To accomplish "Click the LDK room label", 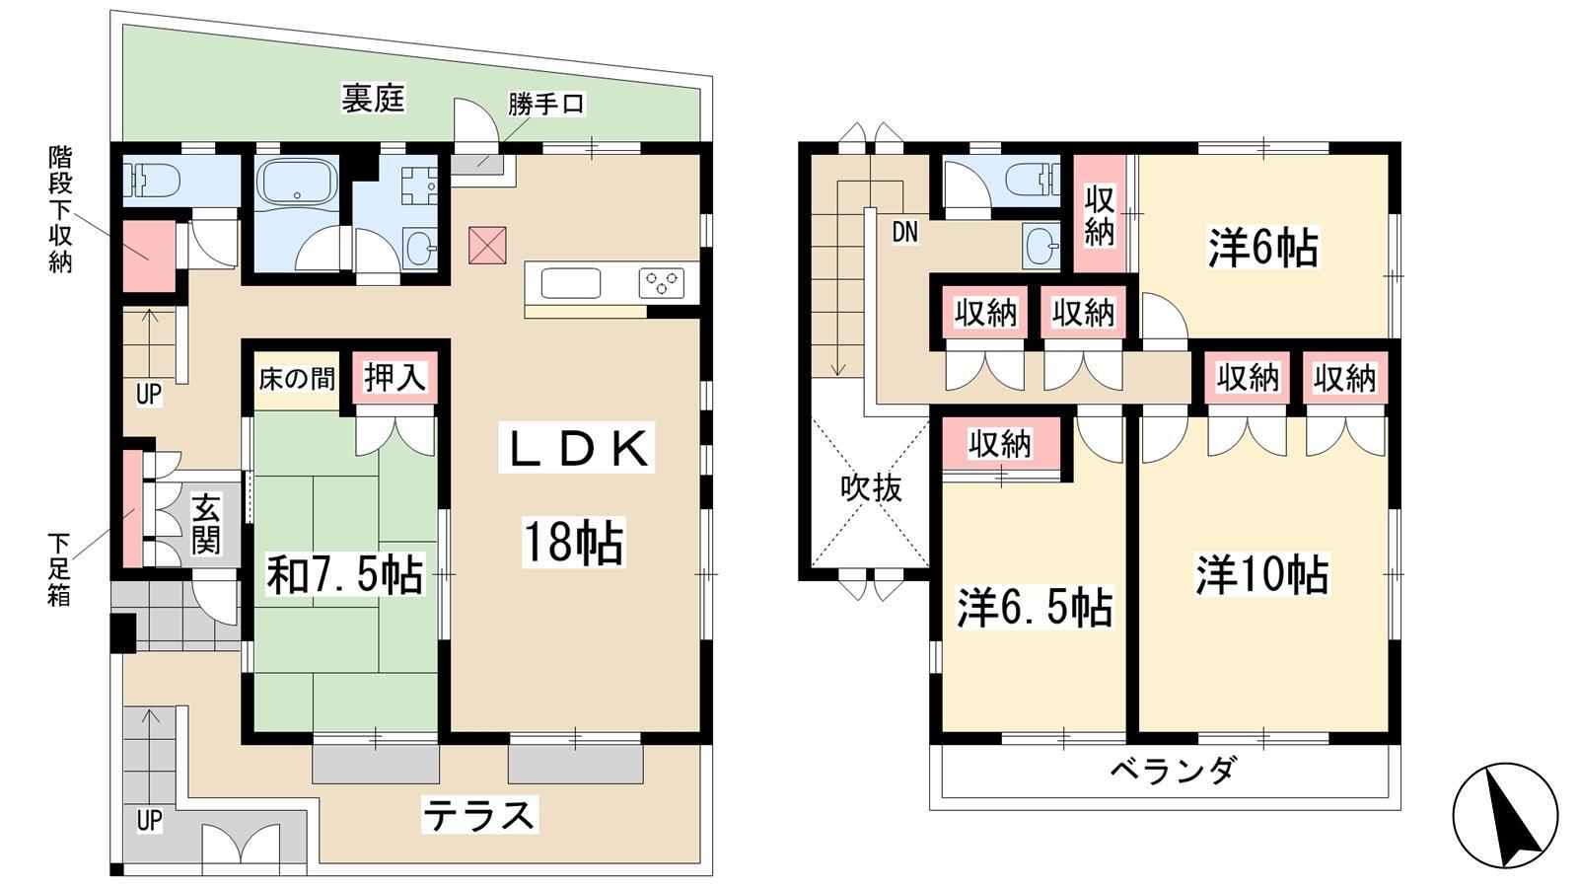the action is pos(577,448).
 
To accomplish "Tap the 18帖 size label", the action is pos(573,542).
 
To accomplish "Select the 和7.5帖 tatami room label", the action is pos(344,574).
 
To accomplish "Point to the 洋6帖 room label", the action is pos(1263,248).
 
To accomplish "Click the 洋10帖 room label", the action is pos(1262,575).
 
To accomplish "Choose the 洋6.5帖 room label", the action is pos(1035,608).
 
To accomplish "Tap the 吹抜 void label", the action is pos(872,487).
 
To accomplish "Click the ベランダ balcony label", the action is pos(1173,771).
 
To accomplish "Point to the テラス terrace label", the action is pos(479,816).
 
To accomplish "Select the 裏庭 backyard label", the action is pos(374,99).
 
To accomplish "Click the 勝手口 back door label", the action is pos(546,105).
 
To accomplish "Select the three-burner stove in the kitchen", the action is pos(662,282).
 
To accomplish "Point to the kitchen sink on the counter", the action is pos(571,283).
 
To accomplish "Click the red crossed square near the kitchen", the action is pos(487,246).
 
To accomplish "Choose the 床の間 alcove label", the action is pos(297,379).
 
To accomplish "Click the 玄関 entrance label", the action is pos(207,524).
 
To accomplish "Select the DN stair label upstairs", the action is pos(905,232).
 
